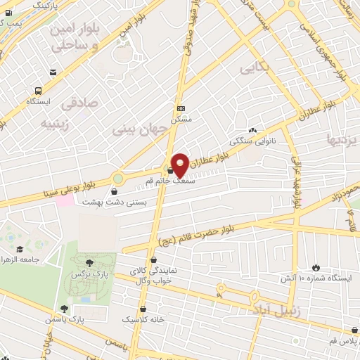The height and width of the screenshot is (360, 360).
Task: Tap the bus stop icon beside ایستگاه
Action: (x=37, y=91)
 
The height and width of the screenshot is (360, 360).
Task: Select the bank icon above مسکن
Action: (x=181, y=108)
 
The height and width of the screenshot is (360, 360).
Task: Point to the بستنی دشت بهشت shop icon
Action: (x=115, y=190)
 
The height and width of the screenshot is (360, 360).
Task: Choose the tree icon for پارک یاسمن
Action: (x=65, y=308)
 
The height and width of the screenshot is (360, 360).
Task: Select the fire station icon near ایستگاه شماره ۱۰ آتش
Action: (x=316, y=267)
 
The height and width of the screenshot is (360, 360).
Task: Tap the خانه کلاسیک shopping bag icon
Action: (x=144, y=308)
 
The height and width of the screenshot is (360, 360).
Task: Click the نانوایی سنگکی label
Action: (x=251, y=140)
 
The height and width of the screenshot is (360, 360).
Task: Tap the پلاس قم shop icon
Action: (x=353, y=331)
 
